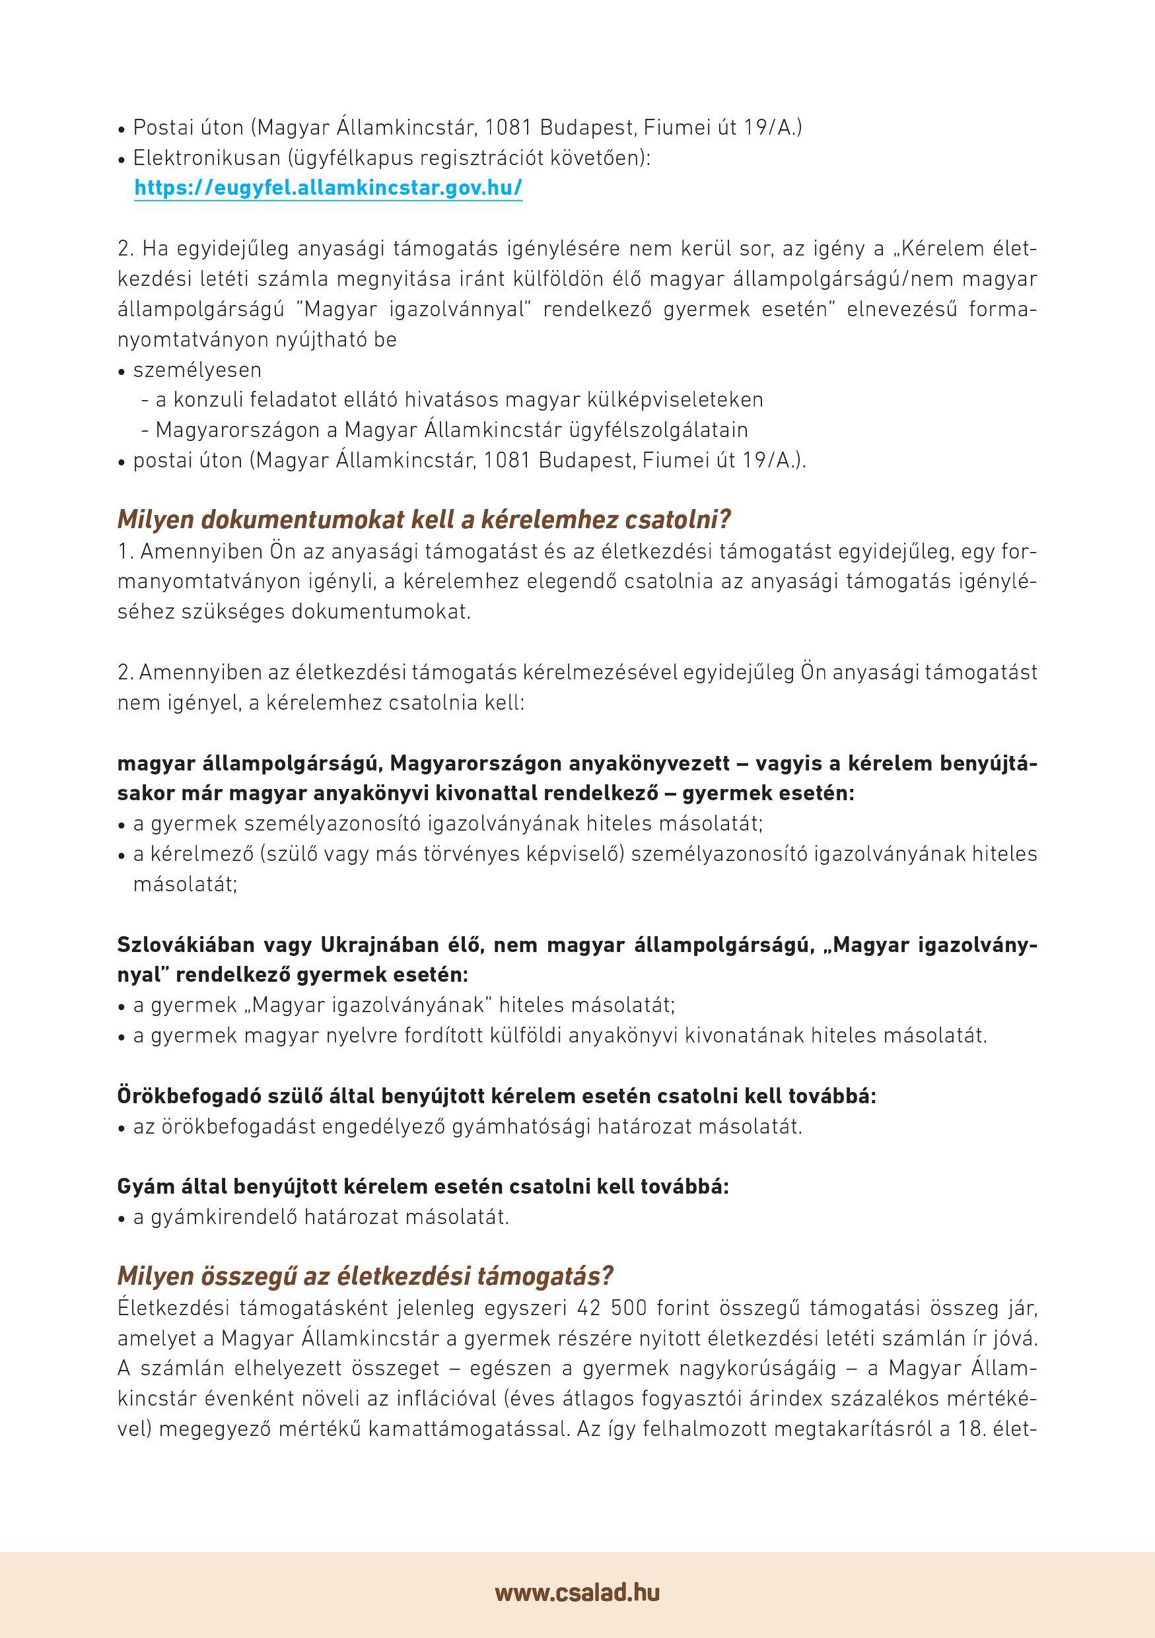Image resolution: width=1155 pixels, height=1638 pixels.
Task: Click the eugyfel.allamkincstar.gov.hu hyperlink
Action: [x=328, y=188]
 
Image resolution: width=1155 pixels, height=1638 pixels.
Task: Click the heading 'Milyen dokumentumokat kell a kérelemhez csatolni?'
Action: [x=425, y=520]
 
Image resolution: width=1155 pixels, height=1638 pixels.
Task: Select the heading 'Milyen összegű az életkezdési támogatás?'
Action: [x=365, y=1276]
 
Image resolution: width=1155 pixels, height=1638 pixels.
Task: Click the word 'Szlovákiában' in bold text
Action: [x=185, y=945]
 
